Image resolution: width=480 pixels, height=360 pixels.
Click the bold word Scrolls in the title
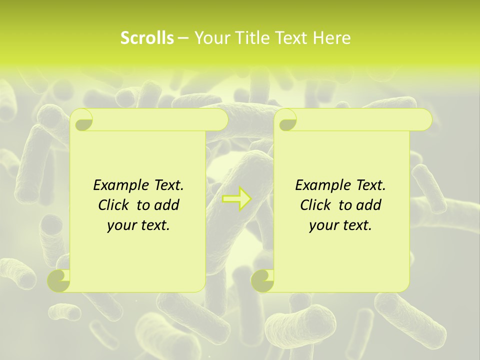pyautogui.click(x=147, y=38)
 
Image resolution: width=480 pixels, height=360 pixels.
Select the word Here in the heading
pyautogui.click(x=332, y=38)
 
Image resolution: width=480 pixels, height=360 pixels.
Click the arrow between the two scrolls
pyautogui.click(x=236, y=198)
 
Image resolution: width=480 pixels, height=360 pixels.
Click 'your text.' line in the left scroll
pyautogui.click(x=138, y=225)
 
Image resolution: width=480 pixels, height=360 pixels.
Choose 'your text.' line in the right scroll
pyautogui.click(x=340, y=225)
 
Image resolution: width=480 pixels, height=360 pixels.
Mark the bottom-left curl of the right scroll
pyautogui.click(x=262, y=280)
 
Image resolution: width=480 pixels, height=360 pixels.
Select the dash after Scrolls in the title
pyautogui.click(x=183, y=38)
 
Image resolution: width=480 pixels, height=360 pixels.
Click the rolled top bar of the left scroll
pyautogui.click(x=160, y=120)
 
